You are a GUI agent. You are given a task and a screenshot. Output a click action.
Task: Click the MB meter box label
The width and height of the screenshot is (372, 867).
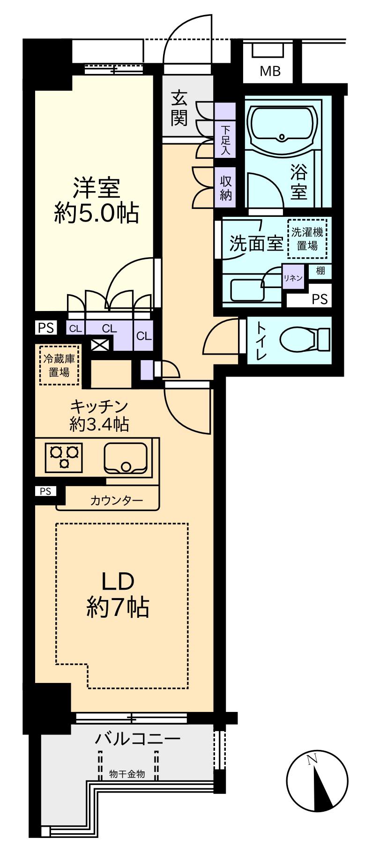pyautogui.click(x=270, y=71)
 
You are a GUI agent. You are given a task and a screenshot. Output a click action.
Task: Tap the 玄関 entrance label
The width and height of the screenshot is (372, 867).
pyautogui.click(x=179, y=108)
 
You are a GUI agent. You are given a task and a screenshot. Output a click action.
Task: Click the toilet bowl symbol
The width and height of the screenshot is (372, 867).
pyautogui.click(x=305, y=337)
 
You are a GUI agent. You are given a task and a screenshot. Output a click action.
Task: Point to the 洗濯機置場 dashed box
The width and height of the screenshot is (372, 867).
pyautogui.click(x=307, y=239)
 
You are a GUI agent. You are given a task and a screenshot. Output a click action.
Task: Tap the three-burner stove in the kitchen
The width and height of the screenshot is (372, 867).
pyautogui.click(x=64, y=457)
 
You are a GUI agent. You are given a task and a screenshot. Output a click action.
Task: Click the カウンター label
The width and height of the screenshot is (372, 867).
pyautogui.click(x=116, y=501)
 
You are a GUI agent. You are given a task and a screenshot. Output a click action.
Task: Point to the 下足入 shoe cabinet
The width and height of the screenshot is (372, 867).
pyautogui.click(x=225, y=130)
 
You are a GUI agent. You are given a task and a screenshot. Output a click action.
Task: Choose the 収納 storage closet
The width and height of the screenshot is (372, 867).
pyautogui.click(x=225, y=187)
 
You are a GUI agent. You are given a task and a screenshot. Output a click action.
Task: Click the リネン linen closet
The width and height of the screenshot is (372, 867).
pyautogui.click(x=292, y=277)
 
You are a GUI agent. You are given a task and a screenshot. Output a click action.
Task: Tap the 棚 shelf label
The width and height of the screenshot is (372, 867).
pyautogui.click(x=320, y=270)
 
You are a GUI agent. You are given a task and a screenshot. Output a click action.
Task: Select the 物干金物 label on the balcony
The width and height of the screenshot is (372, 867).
pyautogui.click(x=127, y=774)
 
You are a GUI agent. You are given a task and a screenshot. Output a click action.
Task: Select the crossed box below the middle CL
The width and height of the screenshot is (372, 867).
pyautogui.click(x=99, y=345)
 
